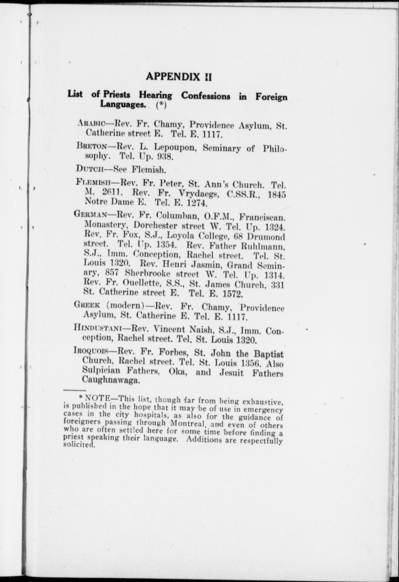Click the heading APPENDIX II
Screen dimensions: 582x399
point(179,76)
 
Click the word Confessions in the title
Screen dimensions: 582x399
point(205,96)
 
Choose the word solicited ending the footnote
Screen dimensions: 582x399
point(79,445)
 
